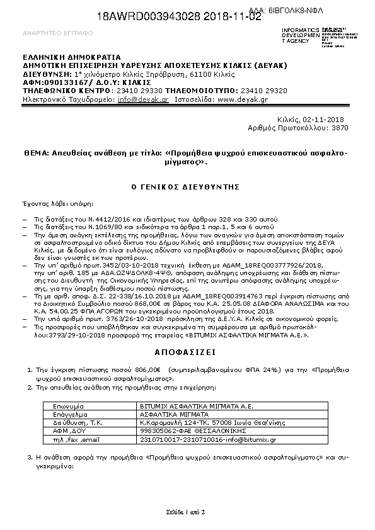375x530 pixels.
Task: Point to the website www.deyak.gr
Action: [x=243, y=99]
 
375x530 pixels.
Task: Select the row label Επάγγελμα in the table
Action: [x=69, y=415]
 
